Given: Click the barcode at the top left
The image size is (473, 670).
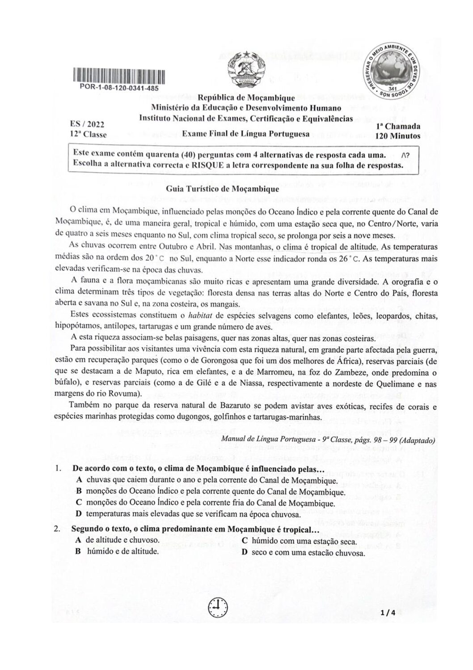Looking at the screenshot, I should pyautogui.click(x=118, y=76).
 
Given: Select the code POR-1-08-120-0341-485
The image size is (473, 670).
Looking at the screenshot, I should pyautogui.click(x=119, y=88).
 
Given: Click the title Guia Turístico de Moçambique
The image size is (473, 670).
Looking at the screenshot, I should pyautogui.click(x=223, y=189).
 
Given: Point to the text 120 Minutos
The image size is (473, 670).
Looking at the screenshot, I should pyautogui.click(x=397, y=136).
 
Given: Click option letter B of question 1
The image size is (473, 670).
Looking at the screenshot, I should pyautogui.click(x=79, y=491).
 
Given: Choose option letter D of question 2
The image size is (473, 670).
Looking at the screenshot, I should pyautogui.click(x=244, y=552).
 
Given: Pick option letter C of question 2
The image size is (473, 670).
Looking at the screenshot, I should pyautogui.click(x=244, y=541).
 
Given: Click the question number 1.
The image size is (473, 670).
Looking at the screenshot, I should pyautogui.click(x=58, y=469).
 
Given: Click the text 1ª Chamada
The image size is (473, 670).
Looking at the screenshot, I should pyautogui.click(x=398, y=127).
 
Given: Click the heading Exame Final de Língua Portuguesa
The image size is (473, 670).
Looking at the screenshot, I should pyautogui.click(x=246, y=134).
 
